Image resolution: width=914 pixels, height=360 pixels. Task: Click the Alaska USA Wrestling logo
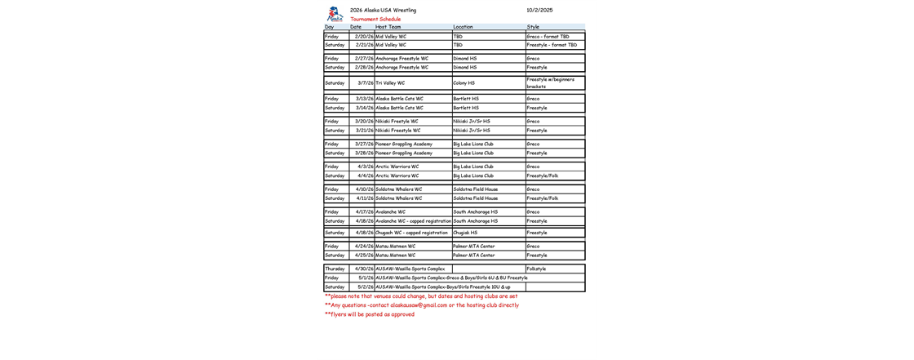pos(333,14)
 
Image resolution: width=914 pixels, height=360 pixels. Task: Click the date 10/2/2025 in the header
pos(539,11)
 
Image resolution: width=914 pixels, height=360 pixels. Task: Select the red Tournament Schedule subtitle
pos(375,19)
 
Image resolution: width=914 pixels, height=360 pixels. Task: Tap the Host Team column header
pos(388,27)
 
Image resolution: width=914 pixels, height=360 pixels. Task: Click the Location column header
pos(463,27)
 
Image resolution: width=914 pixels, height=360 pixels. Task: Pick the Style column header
pos(533,27)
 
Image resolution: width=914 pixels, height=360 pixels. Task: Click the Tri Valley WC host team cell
pos(390,82)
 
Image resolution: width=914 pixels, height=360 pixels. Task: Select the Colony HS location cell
pos(464,82)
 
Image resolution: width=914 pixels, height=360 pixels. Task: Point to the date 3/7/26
pos(366,82)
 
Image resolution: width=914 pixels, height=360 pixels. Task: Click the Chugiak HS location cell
pos(465,233)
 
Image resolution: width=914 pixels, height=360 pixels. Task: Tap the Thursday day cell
pos(335,269)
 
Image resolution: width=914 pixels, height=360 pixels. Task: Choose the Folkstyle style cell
pos(536,269)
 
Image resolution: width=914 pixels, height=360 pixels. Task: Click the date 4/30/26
pos(364,269)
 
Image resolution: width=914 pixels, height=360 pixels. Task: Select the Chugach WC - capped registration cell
pos(412,233)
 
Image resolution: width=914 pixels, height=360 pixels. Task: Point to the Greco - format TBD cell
pos(548,37)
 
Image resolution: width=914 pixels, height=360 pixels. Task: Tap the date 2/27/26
pos(364,59)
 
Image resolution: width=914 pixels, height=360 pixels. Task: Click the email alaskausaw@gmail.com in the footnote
pos(419,305)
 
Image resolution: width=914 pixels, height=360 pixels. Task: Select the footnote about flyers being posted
pos(369,314)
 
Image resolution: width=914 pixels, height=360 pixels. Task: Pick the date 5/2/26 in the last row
pos(366,287)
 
